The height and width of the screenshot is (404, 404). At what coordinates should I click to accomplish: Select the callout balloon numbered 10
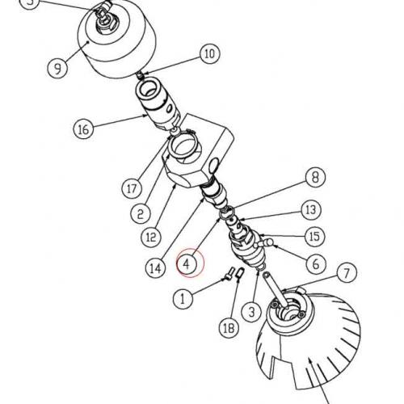pos(208,55)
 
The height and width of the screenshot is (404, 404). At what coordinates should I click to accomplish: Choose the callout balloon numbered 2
pos(141,214)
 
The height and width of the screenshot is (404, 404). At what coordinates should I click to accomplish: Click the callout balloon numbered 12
pos(151,237)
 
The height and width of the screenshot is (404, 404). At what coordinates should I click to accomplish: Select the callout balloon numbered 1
pos(185,297)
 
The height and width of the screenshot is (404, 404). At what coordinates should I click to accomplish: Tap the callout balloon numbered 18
pos(229,327)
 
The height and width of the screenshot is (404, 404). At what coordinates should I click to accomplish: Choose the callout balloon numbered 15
pos(314,237)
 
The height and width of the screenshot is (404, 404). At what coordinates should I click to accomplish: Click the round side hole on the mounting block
pos(213,166)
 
